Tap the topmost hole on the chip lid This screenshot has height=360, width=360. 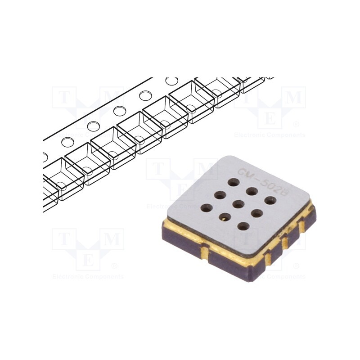[233, 183]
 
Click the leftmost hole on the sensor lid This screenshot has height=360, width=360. [207, 208]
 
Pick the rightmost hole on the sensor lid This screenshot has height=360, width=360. [269, 200]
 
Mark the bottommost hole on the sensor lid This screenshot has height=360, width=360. [243, 226]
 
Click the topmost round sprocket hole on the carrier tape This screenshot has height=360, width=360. [171, 81]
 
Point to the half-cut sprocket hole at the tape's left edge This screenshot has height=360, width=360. [45, 157]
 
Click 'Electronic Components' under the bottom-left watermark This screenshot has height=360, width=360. [88, 276]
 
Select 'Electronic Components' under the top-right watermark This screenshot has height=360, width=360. [270, 135]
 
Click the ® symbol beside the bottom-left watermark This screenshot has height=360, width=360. [114, 266]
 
